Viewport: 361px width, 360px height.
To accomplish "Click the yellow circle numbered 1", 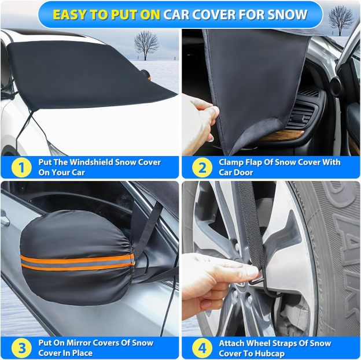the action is coord(21,167).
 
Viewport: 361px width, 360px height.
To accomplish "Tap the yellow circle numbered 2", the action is coord(202,167).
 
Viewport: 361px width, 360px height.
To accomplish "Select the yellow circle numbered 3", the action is coord(21,348).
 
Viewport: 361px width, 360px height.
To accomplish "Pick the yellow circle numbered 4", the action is coord(202,348).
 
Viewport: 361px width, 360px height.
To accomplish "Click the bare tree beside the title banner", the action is coord(341,20).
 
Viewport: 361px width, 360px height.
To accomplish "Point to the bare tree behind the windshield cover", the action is coord(146,46).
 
